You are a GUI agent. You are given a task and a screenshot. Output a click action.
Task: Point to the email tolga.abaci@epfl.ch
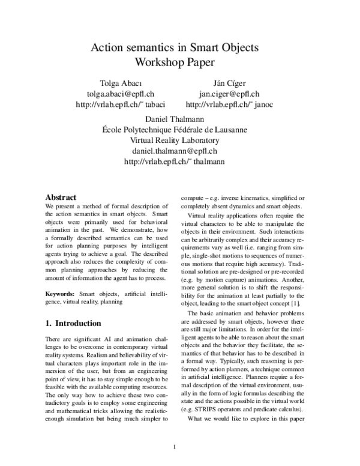click(x=121, y=94)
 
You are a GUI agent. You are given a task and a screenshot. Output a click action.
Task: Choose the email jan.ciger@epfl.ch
click(x=229, y=94)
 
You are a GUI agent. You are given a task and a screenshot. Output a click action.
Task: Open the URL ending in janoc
click(x=230, y=105)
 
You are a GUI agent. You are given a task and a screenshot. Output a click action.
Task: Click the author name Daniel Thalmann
click(x=175, y=119)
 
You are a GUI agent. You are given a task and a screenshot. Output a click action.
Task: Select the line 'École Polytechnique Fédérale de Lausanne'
click(x=175, y=130)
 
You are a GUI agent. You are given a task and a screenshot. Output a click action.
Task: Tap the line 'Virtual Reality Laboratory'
click(x=175, y=141)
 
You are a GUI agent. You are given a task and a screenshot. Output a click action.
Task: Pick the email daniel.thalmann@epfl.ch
click(x=175, y=151)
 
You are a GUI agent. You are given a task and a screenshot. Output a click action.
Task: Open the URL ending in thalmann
click(x=175, y=162)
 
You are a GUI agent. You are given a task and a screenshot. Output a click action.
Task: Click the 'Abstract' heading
click(x=61, y=197)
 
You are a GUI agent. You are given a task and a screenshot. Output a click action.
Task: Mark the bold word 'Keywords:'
click(x=61, y=294)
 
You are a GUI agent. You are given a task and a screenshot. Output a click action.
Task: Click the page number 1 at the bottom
click(x=175, y=447)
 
